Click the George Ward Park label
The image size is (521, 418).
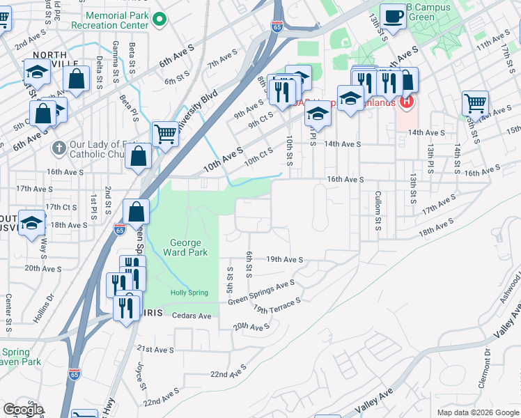click(x=186, y=247)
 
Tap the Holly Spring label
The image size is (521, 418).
click(x=189, y=293)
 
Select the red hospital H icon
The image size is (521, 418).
click(x=406, y=103)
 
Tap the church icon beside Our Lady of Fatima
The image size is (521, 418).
click(x=60, y=148)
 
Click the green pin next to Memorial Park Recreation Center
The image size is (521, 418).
click(x=160, y=20)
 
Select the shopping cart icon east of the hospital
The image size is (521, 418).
click(x=475, y=103)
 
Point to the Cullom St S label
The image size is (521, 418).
click(x=378, y=211)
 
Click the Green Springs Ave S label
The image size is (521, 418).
click(x=261, y=293)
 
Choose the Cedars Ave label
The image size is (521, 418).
click(x=195, y=316)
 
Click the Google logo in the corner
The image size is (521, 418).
click(x=23, y=410)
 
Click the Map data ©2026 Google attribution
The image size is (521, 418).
click(x=477, y=412)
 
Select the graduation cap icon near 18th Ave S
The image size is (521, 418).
click(x=31, y=223)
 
